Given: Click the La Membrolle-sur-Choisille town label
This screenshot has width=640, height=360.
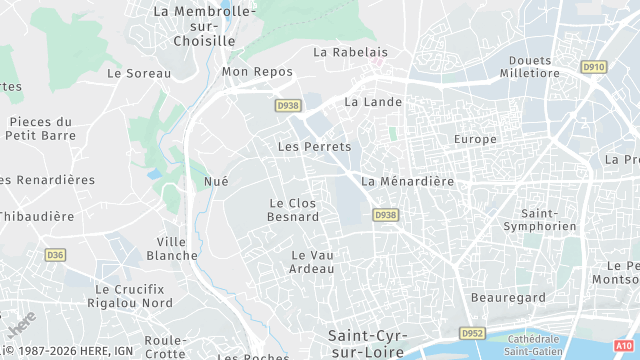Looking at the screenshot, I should [x=204, y=25].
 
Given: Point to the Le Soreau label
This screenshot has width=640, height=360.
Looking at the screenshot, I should [x=139, y=73].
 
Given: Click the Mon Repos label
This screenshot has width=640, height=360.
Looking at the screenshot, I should [x=257, y=72].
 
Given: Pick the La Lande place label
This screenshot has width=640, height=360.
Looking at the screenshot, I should [x=373, y=102].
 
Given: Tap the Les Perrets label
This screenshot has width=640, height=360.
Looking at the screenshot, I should [x=314, y=147].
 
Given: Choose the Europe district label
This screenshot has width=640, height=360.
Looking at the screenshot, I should [x=475, y=139].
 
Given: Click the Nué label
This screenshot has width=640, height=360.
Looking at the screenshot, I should [x=216, y=181].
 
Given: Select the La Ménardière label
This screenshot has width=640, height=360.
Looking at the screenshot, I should [x=408, y=181].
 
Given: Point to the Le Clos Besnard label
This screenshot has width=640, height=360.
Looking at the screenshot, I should [x=294, y=210].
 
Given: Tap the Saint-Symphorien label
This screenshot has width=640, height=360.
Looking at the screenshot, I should [x=549, y=220].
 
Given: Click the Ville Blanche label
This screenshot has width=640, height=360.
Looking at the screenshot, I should [x=172, y=248].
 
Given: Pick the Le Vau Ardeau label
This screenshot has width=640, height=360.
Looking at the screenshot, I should [x=311, y=262].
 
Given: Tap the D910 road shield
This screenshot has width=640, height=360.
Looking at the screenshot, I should [x=593, y=67].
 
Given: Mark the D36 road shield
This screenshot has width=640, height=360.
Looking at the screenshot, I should [x=55, y=255].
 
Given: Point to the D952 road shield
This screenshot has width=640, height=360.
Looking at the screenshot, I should [x=472, y=333].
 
